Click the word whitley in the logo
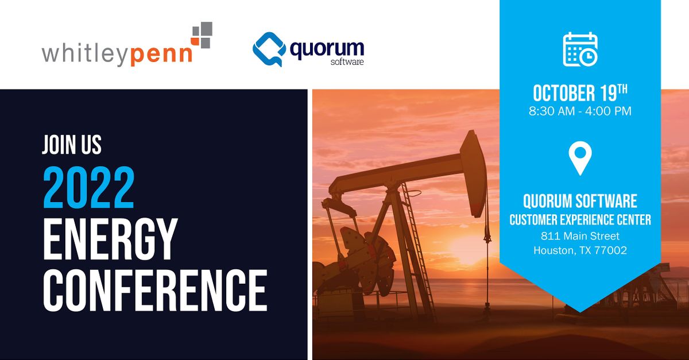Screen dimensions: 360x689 [85, 55]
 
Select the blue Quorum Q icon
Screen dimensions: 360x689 [268, 49]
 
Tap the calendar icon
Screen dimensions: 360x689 [580, 49]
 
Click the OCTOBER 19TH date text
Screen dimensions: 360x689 [580, 93]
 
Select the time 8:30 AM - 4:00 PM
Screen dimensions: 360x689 [580, 111]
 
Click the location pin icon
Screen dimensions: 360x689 [580, 158]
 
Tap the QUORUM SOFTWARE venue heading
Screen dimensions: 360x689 [580, 202]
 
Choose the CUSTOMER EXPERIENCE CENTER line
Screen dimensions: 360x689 [580, 220]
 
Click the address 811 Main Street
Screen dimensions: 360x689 [580, 236]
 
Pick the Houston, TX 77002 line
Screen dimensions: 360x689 [580, 250]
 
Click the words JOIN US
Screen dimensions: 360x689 [72, 145]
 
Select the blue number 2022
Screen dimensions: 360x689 [89, 187]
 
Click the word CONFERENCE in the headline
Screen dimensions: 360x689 [155, 291]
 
